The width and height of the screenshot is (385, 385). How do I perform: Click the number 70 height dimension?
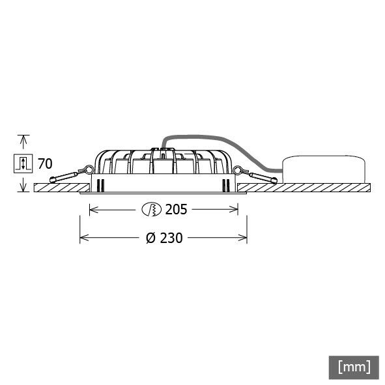(45, 163)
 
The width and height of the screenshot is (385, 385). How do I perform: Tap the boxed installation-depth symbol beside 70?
(23, 163)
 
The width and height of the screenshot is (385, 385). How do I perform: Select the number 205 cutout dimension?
(176, 209)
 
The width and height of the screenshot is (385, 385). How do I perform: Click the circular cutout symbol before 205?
(151, 209)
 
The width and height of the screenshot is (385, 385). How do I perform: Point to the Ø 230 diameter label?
(164, 238)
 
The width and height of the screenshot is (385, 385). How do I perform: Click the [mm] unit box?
(354, 366)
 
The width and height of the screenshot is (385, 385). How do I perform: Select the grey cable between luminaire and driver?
(215, 139)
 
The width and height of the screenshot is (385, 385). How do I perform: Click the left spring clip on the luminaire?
(68, 175)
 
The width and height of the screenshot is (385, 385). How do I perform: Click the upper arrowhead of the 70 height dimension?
(23, 139)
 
